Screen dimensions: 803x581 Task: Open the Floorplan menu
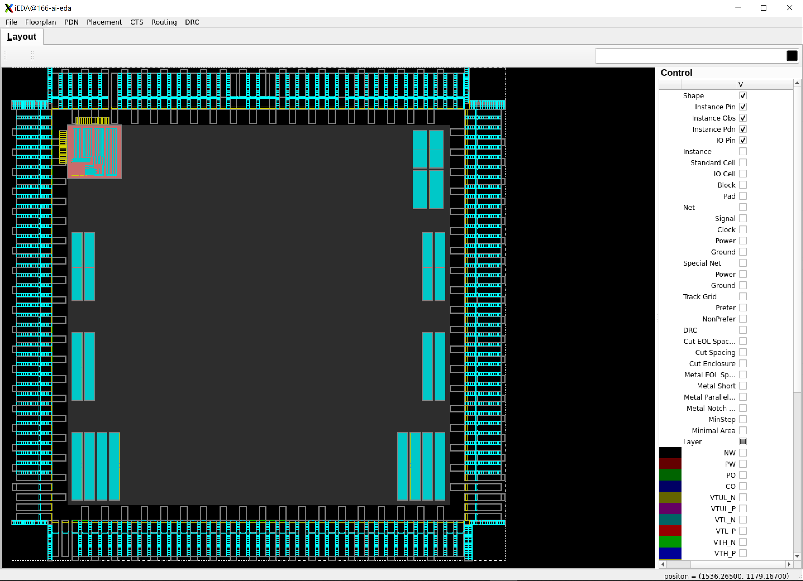pyautogui.click(x=40, y=22)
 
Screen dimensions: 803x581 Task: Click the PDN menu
pyautogui.click(x=71, y=22)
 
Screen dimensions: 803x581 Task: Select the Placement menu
pyautogui.click(x=104, y=22)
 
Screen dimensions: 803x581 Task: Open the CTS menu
pyautogui.click(x=137, y=22)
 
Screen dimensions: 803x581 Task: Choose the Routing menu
pyautogui.click(x=164, y=22)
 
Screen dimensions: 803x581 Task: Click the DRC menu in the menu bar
pyautogui.click(x=192, y=22)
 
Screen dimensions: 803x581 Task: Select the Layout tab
pyautogui.click(x=22, y=37)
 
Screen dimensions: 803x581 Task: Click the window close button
pyautogui.click(x=789, y=8)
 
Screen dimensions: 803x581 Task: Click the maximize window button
pyautogui.click(x=764, y=8)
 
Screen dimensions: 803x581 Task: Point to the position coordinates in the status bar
pyautogui.click(x=726, y=576)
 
